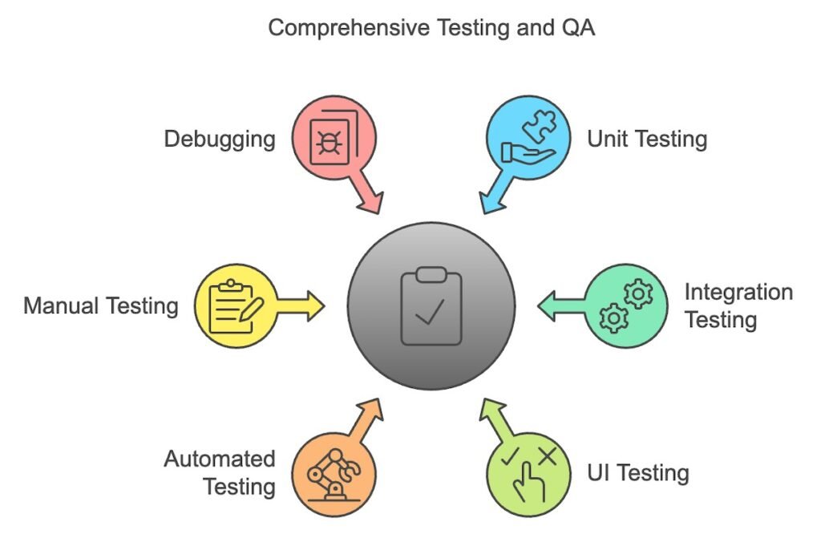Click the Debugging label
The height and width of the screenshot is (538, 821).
point(220,139)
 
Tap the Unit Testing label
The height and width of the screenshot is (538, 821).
point(647,139)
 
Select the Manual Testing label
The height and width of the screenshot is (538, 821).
point(101,305)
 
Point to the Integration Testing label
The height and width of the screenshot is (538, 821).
point(738,305)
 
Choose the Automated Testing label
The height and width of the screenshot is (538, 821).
point(220,472)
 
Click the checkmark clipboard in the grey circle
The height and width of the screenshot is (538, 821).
point(431,305)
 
